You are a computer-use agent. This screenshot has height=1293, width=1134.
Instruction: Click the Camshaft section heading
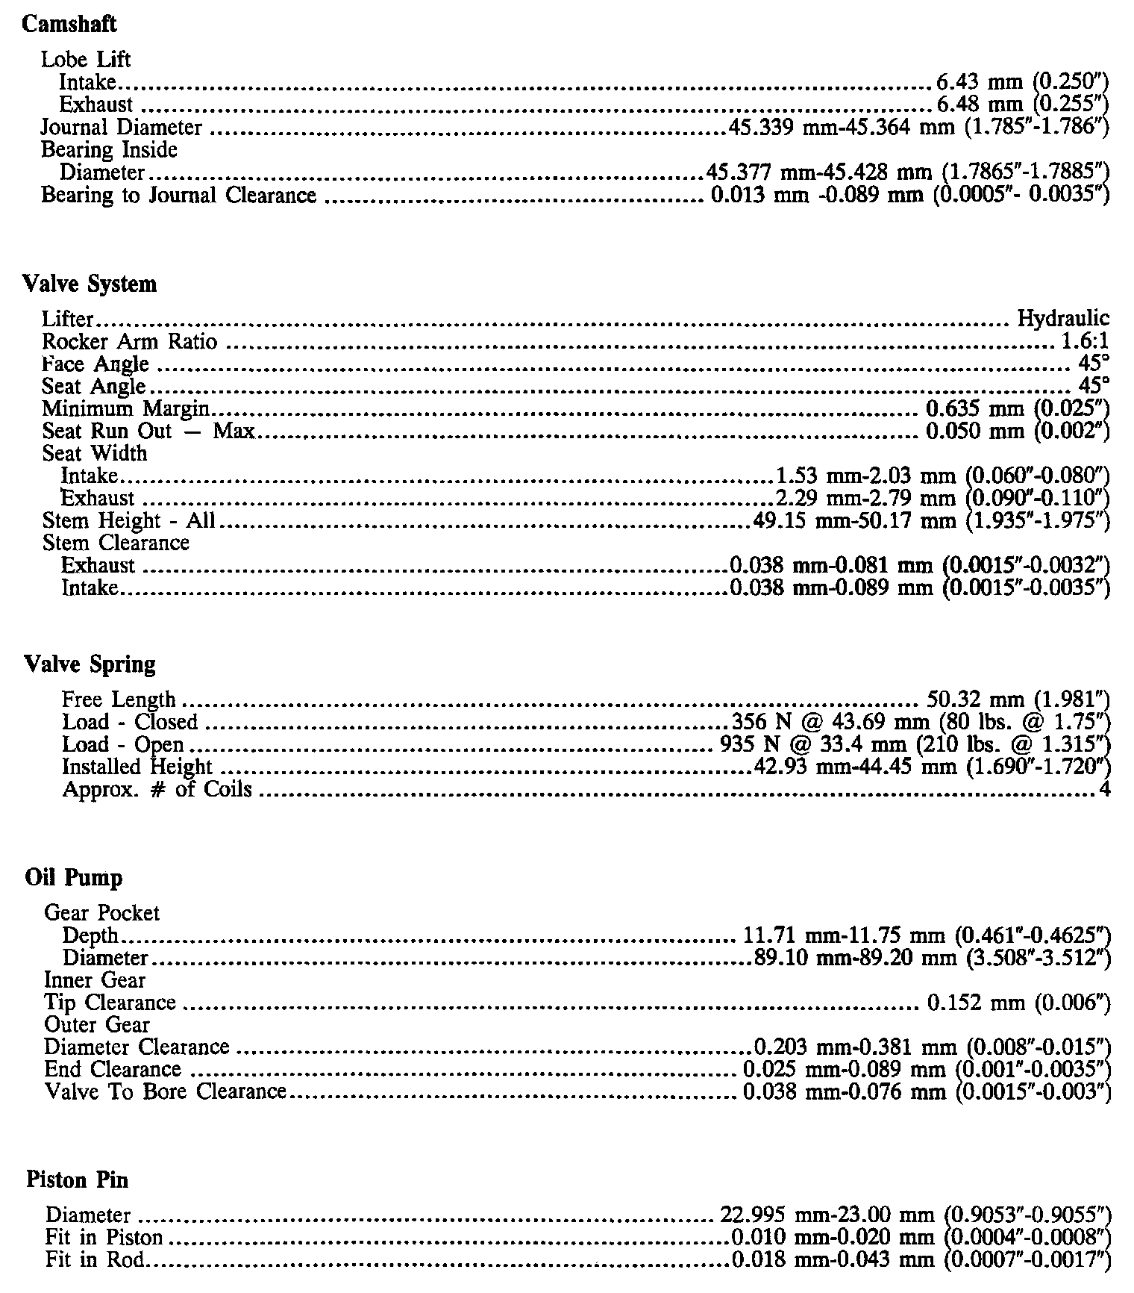pyautogui.click(x=69, y=25)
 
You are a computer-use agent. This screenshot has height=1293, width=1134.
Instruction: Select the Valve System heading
pyautogui.click(x=90, y=284)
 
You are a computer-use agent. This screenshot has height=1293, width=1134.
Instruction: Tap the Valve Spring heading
pyautogui.click(x=90, y=664)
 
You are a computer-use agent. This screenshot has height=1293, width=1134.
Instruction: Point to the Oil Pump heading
pyautogui.click(x=73, y=877)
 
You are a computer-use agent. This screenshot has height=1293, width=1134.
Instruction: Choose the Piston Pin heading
pyautogui.click(x=77, y=1180)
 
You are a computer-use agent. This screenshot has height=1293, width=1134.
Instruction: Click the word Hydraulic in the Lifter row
pyautogui.click(x=1063, y=320)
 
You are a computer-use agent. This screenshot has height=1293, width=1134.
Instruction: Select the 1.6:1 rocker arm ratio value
pyautogui.click(x=1085, y=342)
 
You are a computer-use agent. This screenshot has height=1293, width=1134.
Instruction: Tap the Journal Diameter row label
pyautogui.click(x=121, y=128)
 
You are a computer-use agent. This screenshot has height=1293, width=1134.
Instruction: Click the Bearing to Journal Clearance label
pyautogui.click(x=178, y=196)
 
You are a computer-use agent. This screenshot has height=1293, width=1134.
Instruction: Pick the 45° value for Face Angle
pyautogui.click(x=1094, y=364)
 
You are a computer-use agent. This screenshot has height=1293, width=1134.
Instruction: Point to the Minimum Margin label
pyautogui.click(x=125, y=409)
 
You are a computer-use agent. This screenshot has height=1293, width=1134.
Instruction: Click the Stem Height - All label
pyautogui.click(x=129, y=520)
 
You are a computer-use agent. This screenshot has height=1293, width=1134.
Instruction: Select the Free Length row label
pyautogui.click(x=119, y=700)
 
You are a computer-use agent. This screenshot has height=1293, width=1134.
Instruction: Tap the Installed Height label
pyautogui.click(x=137, y=767)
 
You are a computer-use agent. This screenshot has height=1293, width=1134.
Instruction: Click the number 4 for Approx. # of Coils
pyautogui.click(x=1105, y=790)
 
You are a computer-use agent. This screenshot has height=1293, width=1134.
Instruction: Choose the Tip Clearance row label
pyautogui.click(x=110, y=1003)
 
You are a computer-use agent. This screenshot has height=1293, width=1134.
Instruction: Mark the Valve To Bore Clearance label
pyautogui.click(x=165, y=1091)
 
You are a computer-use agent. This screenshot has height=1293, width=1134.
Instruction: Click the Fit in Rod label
pyautogui.click(x=95, y=1261)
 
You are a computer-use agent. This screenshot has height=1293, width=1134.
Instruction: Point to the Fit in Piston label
pyautogui.click(x=104, y=1238)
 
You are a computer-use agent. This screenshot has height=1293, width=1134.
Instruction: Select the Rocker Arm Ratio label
pyautogui.click(x=130, y=342)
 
